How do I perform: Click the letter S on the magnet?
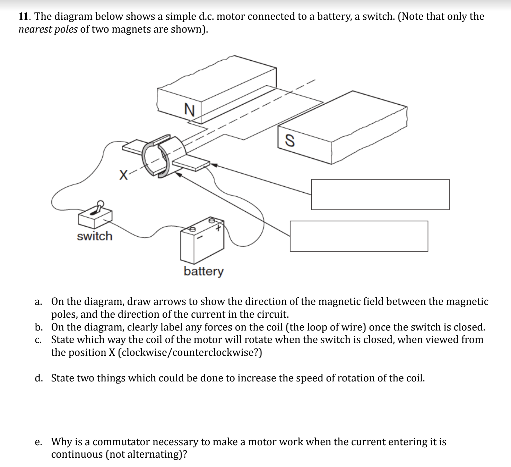point(289,140)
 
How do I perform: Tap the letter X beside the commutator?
point(123,174)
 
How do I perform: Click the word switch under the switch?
point(95,236)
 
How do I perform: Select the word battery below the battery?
point(204,271)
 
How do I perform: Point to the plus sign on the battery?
point(218,228)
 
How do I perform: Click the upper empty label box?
point(380,194)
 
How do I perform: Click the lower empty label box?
point(358,236)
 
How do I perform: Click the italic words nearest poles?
point(48,29)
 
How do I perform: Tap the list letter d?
point(39,378)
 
